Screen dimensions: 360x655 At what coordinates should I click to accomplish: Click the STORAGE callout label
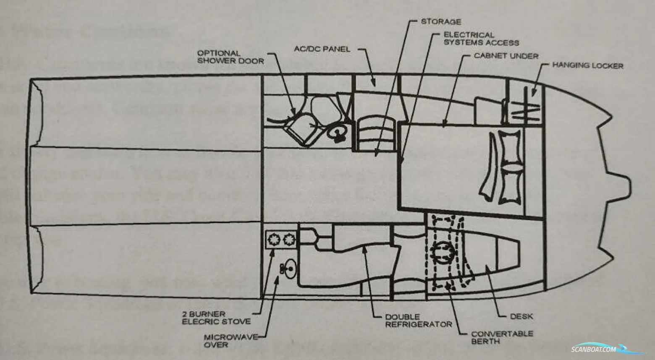pyautogui.click(x=440, y=21)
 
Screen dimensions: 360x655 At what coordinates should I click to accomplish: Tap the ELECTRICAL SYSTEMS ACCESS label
pyautogui.click(x=481, y=39)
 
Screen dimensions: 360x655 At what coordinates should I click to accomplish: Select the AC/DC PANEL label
pyautogui.click(x=322, y=49)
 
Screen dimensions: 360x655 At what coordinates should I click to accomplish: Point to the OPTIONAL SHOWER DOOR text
pyautogui.click(x=231, y=57)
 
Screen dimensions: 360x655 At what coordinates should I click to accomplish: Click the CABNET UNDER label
pyautogui.click(x=506, y=56)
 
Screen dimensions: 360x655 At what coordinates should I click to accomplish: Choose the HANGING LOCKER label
pyautogui.click(x=587, y=65)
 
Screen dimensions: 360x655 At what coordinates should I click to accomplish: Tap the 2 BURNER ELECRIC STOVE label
pyautogui.click(x=216, y=318)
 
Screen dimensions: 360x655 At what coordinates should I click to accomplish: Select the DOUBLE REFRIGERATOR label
pyautogui.click(x=412, y=321)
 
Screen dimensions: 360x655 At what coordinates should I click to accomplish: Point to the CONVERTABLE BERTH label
pyautogui.click(x=502, y=337)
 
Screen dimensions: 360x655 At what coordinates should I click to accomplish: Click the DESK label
pyautogui.click(x=521, y=316)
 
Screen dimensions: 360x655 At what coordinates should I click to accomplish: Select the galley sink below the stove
pyautogui.click(x=289, y=268)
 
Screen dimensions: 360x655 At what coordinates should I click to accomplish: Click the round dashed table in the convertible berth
pyautogui.click(x=443, y=252)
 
